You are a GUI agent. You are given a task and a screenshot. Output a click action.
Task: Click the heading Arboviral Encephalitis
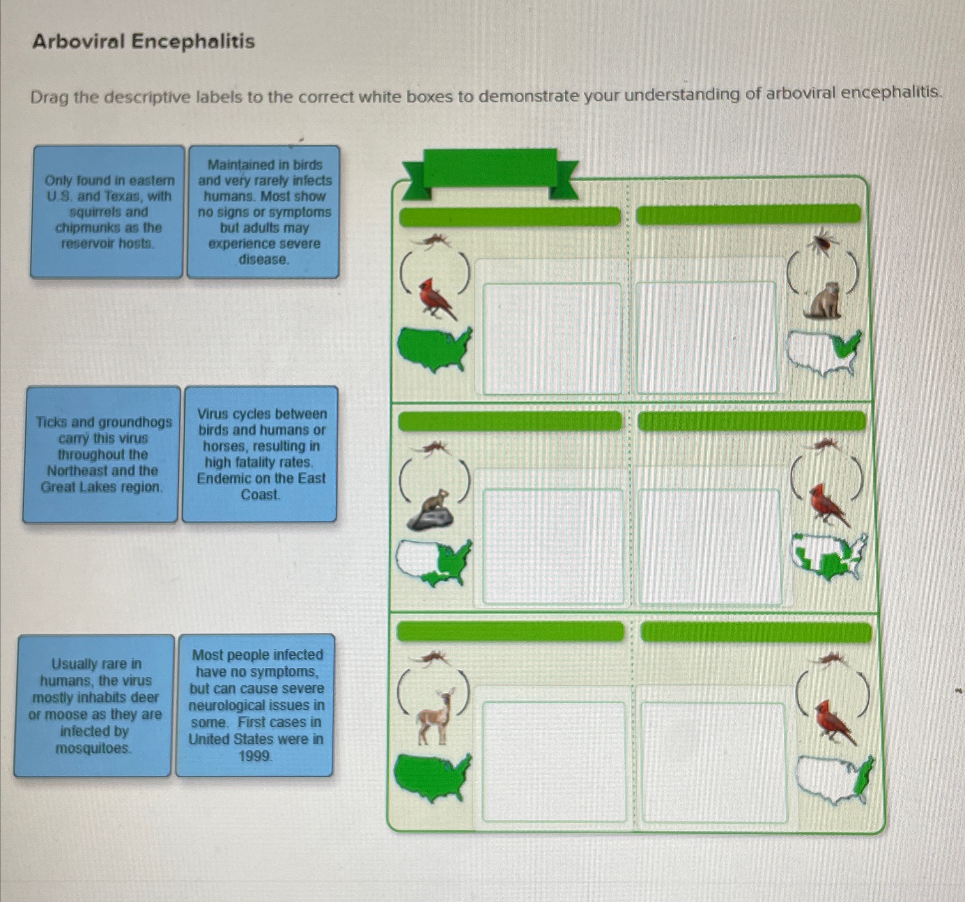tap(143, 41)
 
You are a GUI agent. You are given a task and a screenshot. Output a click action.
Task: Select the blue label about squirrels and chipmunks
tap(107, 212)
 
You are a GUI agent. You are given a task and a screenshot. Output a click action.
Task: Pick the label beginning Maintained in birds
tap(264, 212)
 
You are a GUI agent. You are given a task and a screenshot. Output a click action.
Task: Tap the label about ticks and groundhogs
tap(102, 454)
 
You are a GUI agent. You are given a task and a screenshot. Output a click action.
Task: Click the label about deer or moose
tap(94, 705)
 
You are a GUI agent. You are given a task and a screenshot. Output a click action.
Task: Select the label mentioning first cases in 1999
tap(256, 705)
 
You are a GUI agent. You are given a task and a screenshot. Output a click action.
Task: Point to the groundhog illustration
tap(822, 301)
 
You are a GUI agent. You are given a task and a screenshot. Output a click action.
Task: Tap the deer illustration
tap(436, 716)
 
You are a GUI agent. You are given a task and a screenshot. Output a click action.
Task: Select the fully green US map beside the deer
tap(432, 777)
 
